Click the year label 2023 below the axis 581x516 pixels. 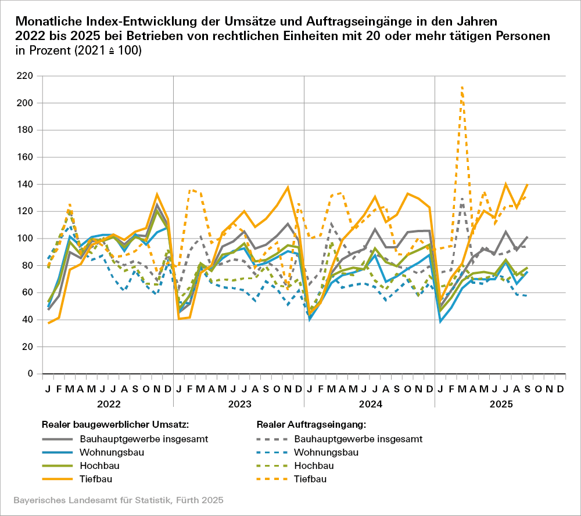tap(239, 402)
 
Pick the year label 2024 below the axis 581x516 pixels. tap(370, 402)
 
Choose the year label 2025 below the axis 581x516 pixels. tap(500, 402)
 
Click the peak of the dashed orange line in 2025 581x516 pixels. tap(462, 87)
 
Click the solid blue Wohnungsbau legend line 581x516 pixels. tap(58, 452)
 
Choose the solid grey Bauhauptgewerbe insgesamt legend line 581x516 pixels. tap(58, 439)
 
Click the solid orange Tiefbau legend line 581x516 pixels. tap(58, 479)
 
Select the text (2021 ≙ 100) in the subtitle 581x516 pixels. tap(106, 51)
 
